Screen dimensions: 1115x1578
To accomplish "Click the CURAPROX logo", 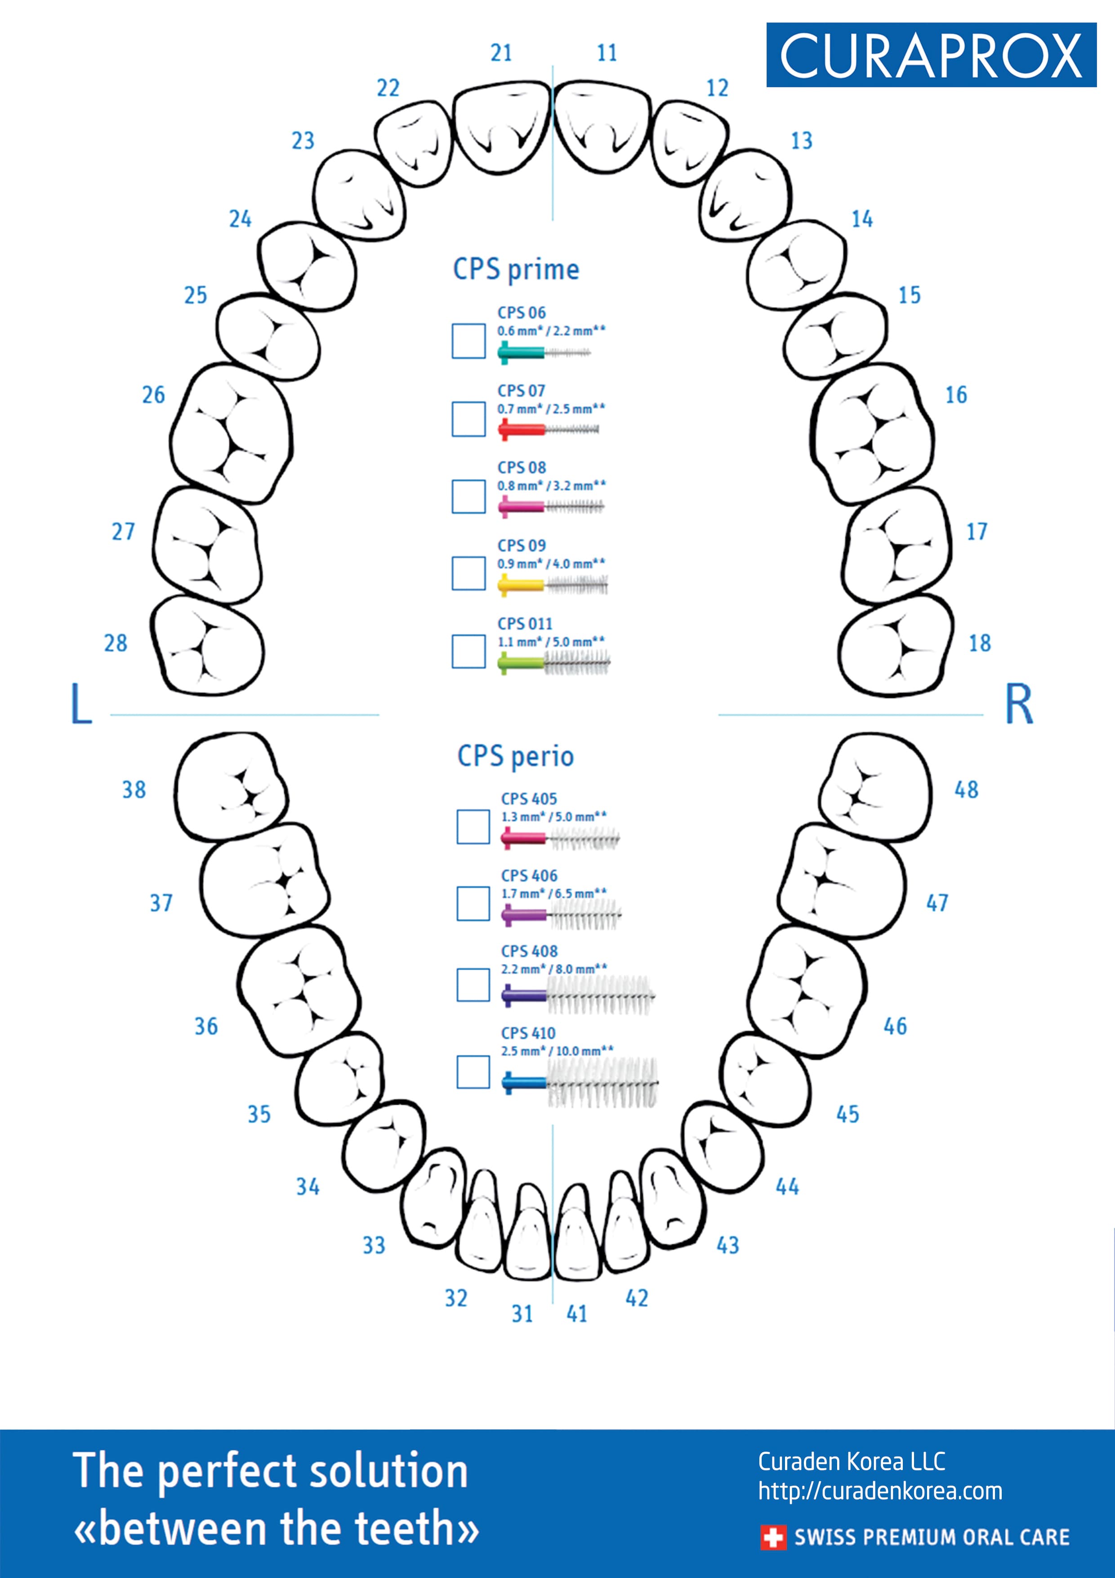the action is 931,55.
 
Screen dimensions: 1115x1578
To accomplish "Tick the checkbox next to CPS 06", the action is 468,341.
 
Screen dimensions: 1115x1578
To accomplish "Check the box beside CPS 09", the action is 468,573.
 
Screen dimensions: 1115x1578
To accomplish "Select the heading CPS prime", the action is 516,269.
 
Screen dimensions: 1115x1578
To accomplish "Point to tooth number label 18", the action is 980,643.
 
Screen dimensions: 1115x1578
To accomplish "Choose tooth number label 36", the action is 206,1026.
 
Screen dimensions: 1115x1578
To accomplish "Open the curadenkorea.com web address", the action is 880,1491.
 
